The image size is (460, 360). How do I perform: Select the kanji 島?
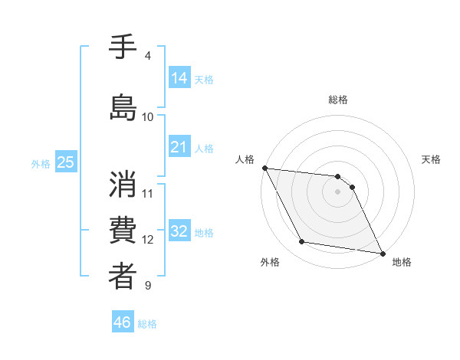(x=123, y=107)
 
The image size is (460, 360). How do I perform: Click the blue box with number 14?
(x=179, y=77)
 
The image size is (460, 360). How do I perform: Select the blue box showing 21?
(x=179, y=147)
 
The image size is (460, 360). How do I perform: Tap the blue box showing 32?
(x=179, y=231)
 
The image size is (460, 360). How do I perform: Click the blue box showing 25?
(x=65, y=162)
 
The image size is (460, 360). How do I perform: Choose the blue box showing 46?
(x=123, y=322)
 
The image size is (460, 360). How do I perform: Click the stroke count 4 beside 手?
(x=148, y=56)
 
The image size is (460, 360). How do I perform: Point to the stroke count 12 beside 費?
(x=148, y=240)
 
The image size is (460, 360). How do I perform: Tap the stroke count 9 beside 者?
(x=148, y=286)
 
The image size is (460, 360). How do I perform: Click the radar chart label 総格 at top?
(x=337, y=100)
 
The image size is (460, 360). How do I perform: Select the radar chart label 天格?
(x=431, y=159)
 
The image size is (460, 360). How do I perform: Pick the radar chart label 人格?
(x=245, y=159)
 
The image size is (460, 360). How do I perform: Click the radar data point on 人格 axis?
(x=264, y=168)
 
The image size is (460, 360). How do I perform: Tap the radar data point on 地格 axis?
(x=382, y=253)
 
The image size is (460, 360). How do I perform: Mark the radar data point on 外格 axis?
(x=301, y=242)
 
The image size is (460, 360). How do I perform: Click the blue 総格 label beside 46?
(x=147, y=324)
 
